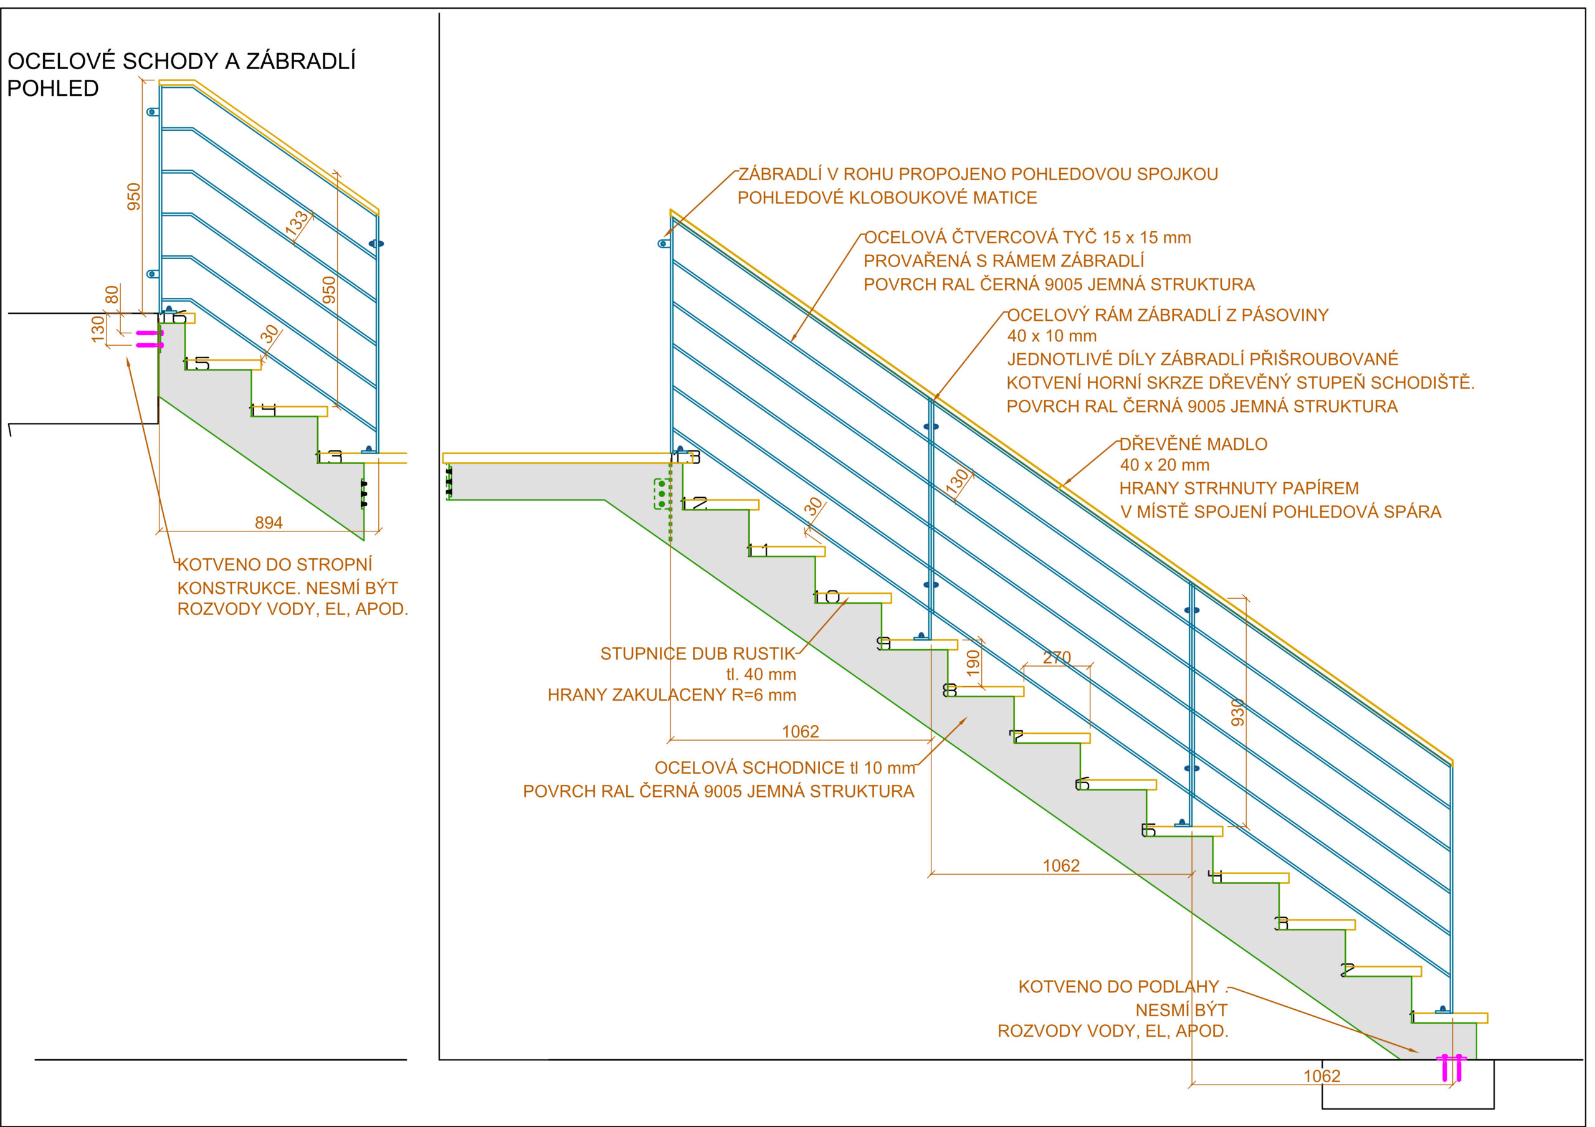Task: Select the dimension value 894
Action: (269, 523)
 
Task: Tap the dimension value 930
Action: (1237, 712)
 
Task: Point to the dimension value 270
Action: (1057, 657)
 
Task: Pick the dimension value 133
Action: (297, 222)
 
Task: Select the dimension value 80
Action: (111, 295)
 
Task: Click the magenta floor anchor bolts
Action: (1452, 1068)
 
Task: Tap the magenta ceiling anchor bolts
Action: (150, 339)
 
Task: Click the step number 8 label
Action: (950, 690)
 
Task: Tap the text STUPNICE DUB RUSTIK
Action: (697, 654)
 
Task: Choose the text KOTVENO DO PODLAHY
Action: (1118, 987)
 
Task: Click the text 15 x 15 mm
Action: (1146, 237)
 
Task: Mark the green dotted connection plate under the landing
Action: (663, 493)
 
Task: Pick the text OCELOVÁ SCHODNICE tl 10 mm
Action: (785, 768)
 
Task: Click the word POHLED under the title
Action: (53, 89)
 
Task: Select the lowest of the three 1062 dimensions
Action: (1321, 1077)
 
